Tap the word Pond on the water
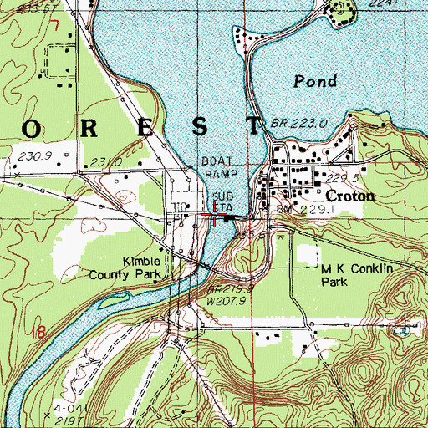315,81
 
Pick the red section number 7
53,26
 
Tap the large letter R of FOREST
75,126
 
